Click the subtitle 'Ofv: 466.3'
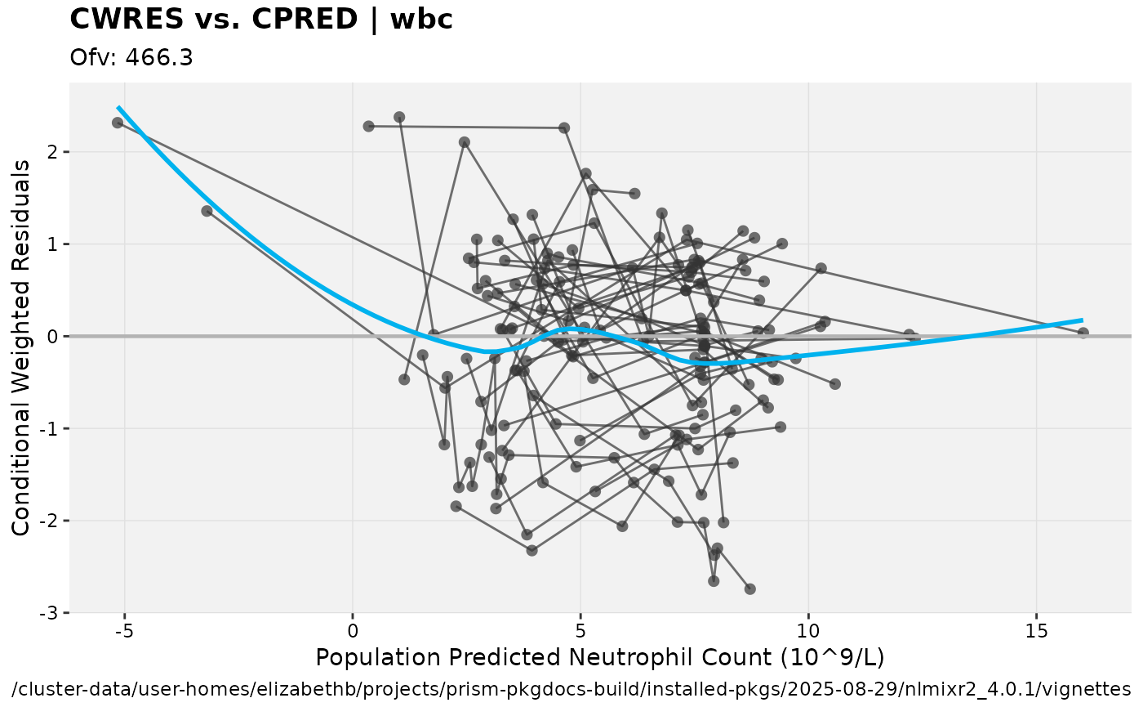(x=131, y=58)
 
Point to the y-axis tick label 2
(x=54, y=152)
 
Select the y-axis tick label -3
(x=51, y=613)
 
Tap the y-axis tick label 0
(x=54, y=337)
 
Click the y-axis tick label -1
(x=51, y=429)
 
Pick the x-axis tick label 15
(x=1036, y=631)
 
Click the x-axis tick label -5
(x=124, y=631)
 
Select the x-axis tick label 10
(x=808, y=631)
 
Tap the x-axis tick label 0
(x=353, y=631)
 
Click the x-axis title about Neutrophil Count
(x=600, y=658)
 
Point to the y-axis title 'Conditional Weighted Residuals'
(x=21, y=347)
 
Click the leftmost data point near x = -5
(x=118, y=123)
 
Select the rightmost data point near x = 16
(x=1083, y=333)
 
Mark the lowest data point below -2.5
(x=750, y=588)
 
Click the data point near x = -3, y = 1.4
(x=207, y=211)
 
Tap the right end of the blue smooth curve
(x=1083, y=320)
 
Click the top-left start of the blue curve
(x=118, y=107)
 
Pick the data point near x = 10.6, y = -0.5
(x=834, y=384)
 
